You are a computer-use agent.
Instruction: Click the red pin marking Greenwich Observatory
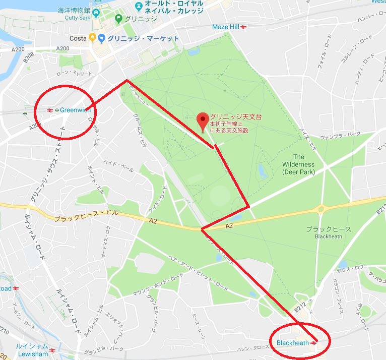[203, 121]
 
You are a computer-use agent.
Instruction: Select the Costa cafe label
[78, 38]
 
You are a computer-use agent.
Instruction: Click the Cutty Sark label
[77, 18]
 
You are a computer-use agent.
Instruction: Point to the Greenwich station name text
[76, 110]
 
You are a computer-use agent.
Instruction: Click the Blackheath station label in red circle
[292, 343]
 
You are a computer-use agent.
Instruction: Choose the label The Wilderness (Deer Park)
[298, 164]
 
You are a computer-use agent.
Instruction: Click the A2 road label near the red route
[229, 226]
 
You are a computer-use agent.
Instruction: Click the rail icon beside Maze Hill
[243, 26]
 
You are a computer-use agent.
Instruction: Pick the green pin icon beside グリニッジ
[118, 20]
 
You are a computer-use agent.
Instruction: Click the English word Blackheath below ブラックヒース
[329, 236]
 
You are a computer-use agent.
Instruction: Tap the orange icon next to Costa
[92, 38]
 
